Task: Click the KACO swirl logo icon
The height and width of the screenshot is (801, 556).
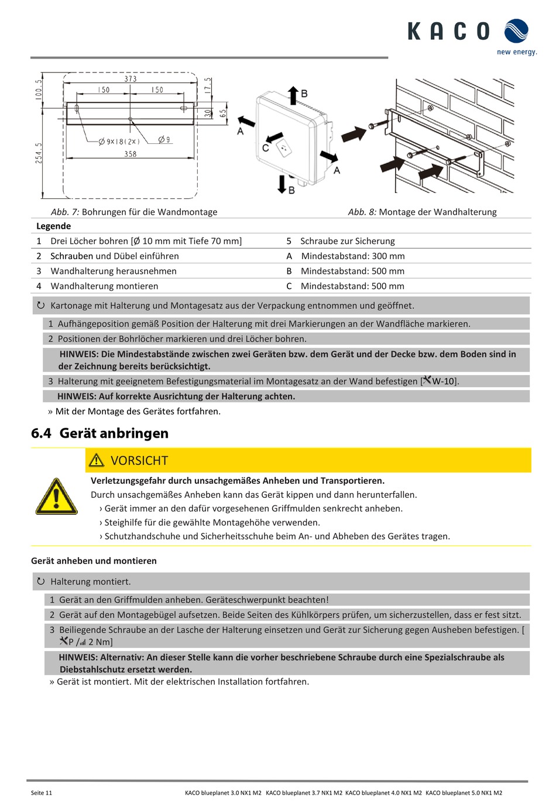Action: [x=516, y=31]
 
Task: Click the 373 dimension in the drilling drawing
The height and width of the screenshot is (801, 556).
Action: [x=131, y=79]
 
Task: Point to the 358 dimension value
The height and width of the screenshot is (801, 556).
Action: [x=131, y=154]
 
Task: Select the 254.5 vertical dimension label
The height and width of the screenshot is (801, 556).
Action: [x=39, y=153]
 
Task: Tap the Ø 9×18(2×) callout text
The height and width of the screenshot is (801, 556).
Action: [x=119, y=141]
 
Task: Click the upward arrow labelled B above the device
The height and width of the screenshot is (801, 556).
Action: [x=293, y=95]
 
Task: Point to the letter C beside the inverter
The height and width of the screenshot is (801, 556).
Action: [x=265, y=148]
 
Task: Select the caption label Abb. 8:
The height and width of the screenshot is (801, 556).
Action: [x=362, y=212]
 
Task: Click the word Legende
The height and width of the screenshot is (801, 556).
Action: [x=53, y=226]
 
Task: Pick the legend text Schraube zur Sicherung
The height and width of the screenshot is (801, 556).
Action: [x=348, y=241]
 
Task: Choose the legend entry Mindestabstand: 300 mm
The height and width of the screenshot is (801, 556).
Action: [x=353, y=256]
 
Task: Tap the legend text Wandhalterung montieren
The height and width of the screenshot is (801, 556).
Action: [x=104, y=286]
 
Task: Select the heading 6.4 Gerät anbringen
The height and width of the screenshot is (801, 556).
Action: [x=99, y=434]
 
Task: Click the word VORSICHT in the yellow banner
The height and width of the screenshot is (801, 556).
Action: [x=139, y=461]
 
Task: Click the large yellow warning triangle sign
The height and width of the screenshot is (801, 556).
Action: [x=56, y=497]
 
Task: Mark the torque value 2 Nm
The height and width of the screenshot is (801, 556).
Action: [x=99, y=642]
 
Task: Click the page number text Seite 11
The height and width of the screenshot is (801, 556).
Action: [x=42, y=793]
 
